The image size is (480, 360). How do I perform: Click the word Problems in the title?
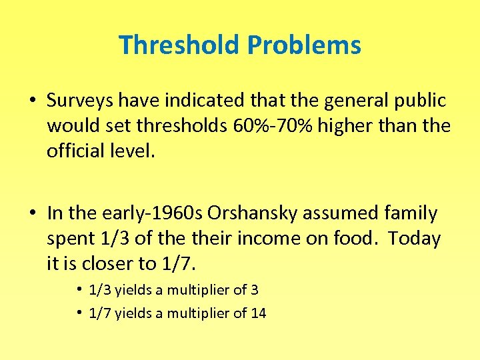point(303,45)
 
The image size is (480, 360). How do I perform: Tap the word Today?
point(415,239)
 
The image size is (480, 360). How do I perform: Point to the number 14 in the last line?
point(259,313)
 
